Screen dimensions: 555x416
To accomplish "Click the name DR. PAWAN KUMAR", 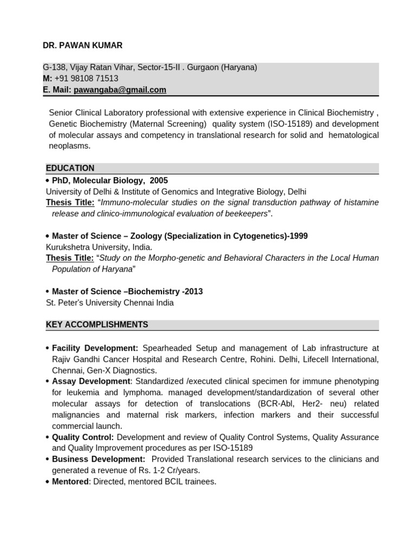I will pos(82,46).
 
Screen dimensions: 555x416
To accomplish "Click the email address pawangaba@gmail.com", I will pos(120,90).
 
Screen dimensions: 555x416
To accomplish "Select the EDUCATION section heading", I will pos(70,168).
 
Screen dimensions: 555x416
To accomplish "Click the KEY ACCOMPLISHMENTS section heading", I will pos(97,325).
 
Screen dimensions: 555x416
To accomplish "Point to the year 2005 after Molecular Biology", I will pos(159,180).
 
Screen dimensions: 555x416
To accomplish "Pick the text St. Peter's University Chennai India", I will pos(109,303).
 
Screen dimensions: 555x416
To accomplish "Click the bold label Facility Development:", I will pos(95,348).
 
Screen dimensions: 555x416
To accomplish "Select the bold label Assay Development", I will pos(91,382).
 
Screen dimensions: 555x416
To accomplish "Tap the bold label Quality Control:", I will pos(83,437).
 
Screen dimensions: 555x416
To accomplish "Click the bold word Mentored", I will pos(70,482).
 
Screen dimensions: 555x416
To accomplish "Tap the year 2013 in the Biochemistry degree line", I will pos(193,292).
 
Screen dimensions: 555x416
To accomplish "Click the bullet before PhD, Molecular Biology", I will pos(48,180).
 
